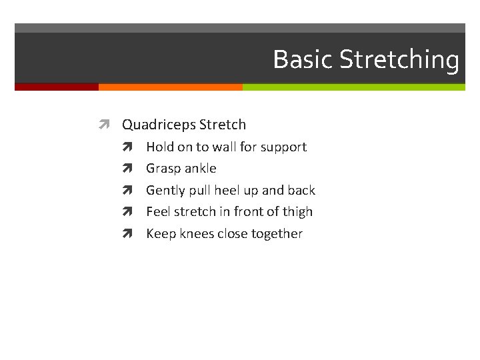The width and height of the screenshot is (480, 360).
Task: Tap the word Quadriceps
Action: click(158, 125)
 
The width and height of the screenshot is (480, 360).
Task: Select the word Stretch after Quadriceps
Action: click(223, 125)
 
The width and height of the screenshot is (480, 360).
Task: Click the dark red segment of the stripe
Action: click(57, 87)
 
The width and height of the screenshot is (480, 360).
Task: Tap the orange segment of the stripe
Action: click(170, 87)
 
